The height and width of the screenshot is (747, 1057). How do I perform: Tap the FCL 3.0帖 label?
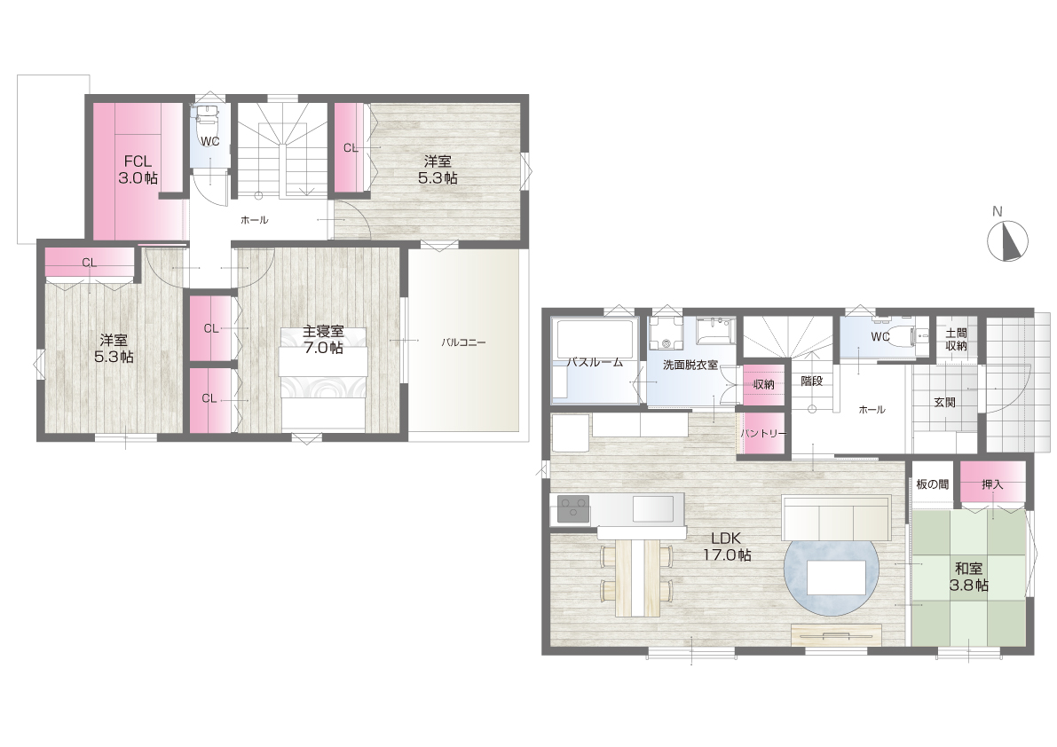138,169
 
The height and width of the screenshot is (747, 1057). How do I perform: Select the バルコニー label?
464,342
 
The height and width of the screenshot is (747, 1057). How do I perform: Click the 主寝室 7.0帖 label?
323,340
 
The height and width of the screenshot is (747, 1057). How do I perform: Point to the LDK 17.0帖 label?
727,547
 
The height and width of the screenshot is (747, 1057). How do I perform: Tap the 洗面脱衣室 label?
690,366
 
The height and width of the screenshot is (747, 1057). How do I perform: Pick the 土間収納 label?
957,340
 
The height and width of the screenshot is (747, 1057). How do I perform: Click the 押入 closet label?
992,484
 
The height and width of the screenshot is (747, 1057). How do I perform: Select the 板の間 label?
932,484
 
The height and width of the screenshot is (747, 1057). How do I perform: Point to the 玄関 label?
944,403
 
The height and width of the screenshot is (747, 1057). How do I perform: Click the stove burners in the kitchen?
573,507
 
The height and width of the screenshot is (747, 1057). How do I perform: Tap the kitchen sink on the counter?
653,507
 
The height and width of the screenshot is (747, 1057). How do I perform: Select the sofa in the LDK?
836,517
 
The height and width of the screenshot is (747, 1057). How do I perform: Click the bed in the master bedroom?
324,379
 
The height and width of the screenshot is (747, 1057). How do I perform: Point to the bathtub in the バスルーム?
593,360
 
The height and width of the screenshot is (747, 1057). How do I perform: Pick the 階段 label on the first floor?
812,381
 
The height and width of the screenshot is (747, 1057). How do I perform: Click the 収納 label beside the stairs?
764,385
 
